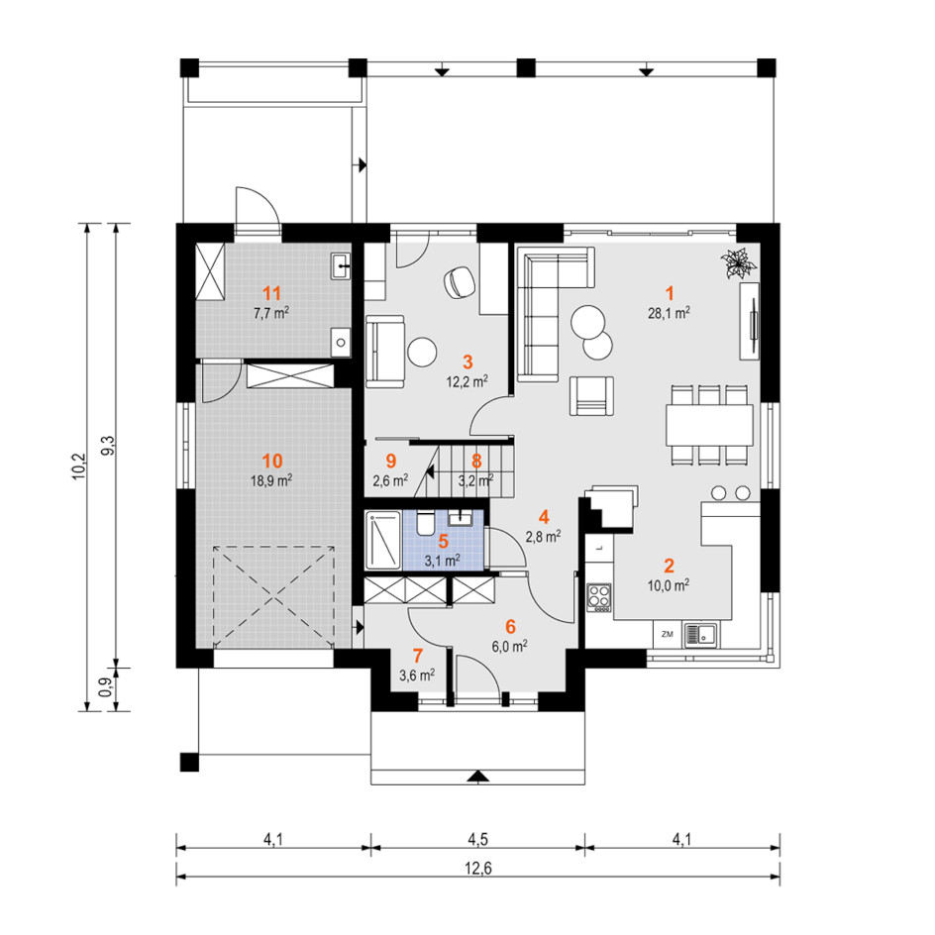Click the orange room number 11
coord(272,293)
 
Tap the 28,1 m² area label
coord(669,312)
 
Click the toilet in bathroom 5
coord(425,523)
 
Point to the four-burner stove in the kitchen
coord(599,597)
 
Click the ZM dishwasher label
coord(668,634)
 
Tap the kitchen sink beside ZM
coord(700,635)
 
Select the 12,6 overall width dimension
coord(477,869)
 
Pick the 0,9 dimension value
coord(106,687)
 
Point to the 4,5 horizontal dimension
coord(477,839)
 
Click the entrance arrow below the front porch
coord(478,776)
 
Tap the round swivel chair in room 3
coord(460,281)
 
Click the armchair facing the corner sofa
coord(591,395)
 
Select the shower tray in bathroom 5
coord(383,541)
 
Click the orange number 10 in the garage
coord(272,461)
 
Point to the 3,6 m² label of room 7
coord(417,675)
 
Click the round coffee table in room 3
coord(422,352)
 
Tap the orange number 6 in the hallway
coord(510,627)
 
